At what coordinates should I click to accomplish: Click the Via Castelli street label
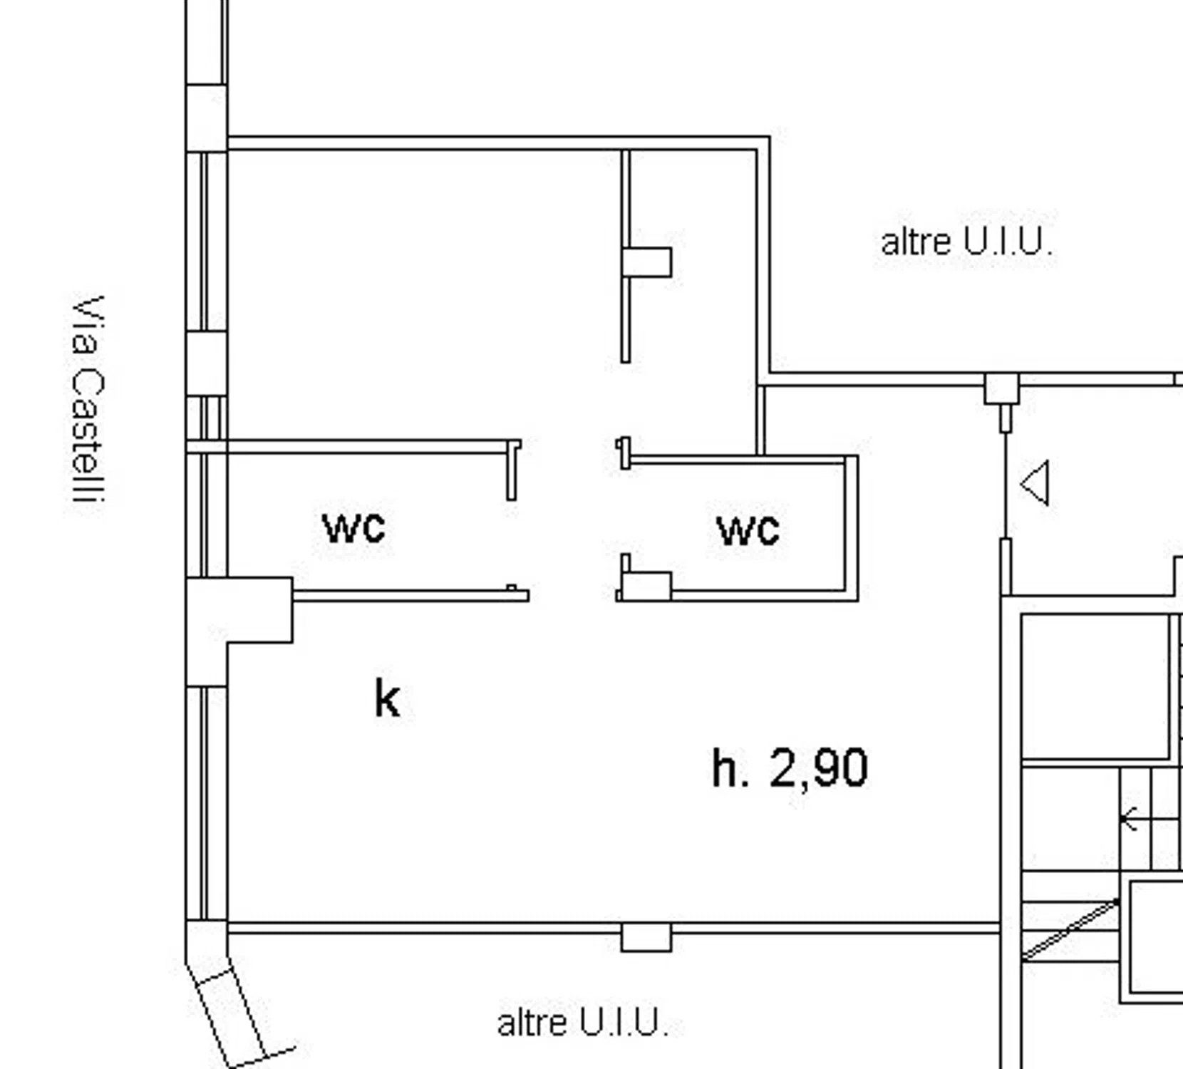click(89, 401)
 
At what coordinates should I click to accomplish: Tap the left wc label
click(353, 528)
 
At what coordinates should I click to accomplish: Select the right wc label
click(748, 530)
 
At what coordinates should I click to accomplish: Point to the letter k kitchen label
click(387, 698)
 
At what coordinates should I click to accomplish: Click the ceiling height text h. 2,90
click(790, 768)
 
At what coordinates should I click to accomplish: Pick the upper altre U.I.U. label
click(966, 242)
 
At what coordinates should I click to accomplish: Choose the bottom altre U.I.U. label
click(582, 1023)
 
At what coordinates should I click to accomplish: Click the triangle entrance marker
click(1035, 483)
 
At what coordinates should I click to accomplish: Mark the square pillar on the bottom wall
click(646, 937)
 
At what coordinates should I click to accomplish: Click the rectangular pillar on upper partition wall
click(646, 262)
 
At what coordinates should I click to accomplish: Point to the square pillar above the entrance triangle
click(1002, 389)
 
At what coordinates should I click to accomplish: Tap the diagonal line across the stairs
click(1070, 930)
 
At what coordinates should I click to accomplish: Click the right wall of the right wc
click(851, 527)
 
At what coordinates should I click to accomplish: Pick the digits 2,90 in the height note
click(819, 768)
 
